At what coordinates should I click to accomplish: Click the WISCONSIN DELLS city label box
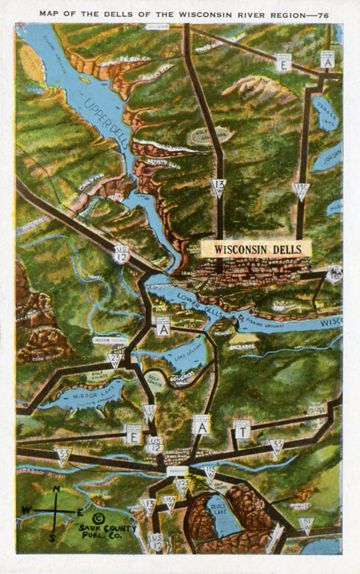coord(254,248)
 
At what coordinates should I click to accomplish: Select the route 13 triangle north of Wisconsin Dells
coord(217,187)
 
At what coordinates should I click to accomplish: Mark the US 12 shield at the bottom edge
coord(156,541)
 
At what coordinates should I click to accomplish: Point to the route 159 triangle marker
coord(168,502)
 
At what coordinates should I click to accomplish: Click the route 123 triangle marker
coord(182,485)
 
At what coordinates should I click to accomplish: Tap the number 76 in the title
coord(322,13)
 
